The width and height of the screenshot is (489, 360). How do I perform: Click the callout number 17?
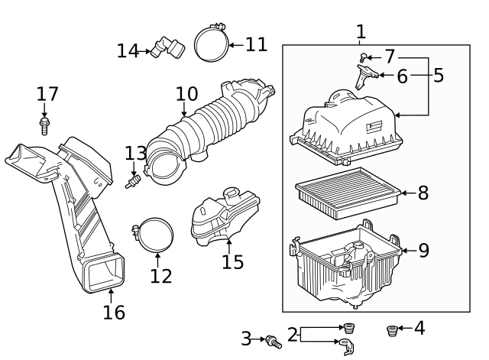tap(47, 94)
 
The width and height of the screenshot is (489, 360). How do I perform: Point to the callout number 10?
tap(186, 94)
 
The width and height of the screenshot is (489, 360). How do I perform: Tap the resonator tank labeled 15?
tap(223, 217)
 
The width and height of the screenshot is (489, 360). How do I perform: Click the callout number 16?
tap(114, 312)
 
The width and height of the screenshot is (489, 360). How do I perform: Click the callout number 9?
tap(424, 250)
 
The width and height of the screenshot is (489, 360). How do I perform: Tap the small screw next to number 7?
tap(364, 57)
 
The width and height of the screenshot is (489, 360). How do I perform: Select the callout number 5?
tap(439, 75)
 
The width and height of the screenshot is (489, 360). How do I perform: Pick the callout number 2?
tap(291, 335)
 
